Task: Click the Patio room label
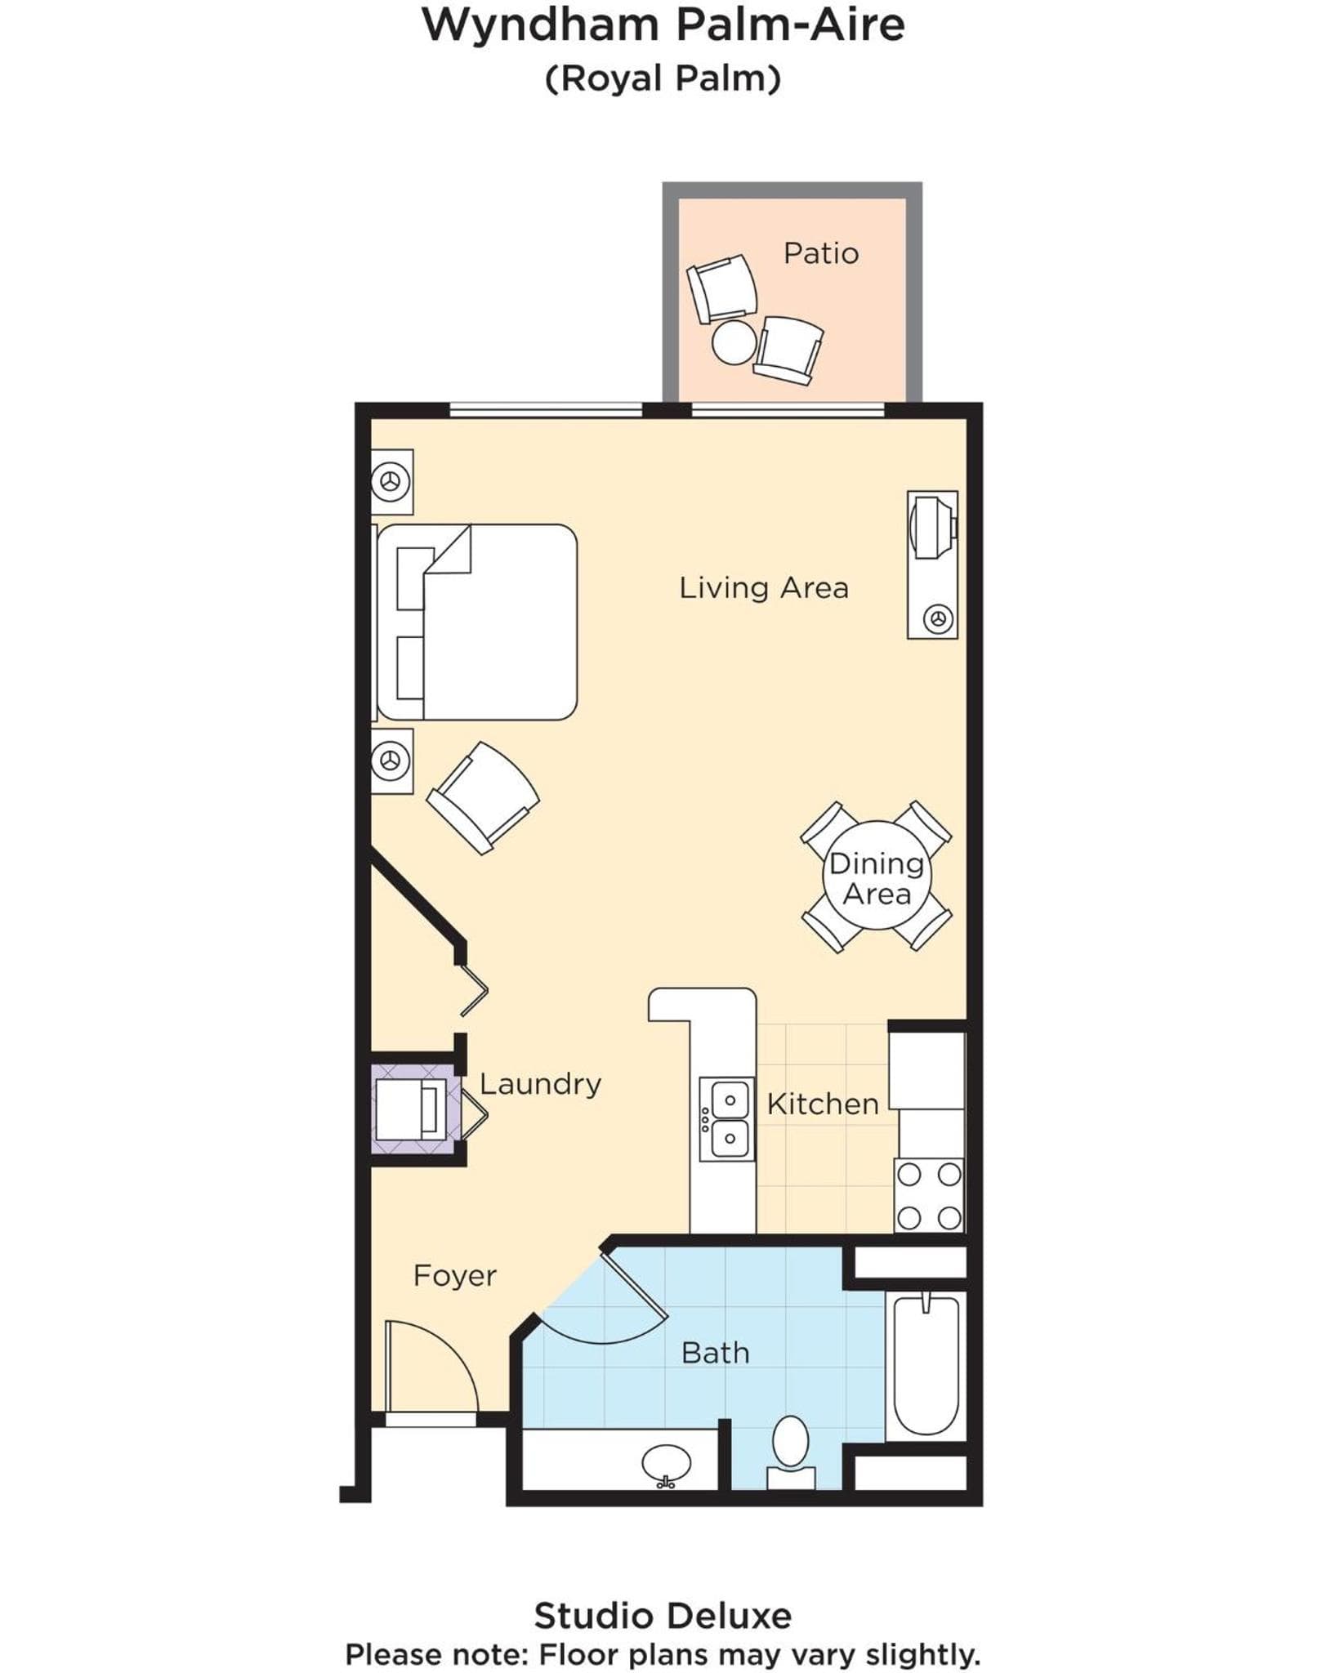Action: (x=820, y=253)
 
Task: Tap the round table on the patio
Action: (x=734, y=342)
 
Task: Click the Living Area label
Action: (x=764, y=587)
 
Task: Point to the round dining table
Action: (x=877, y=875)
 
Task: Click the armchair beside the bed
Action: (x=483, y=798)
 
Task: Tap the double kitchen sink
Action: (x=727, y=1118)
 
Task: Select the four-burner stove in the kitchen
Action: (x=929, y=1196)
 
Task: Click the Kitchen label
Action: (x=823, y=1104)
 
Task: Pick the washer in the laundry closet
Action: (x=411, y=1109)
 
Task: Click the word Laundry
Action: (x=540, y=1084)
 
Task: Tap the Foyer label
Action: (x=455, y=1275)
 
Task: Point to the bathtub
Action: (x=926, y=1365)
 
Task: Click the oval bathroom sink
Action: (x=666, y=1464)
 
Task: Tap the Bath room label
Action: (x=715, y=1353)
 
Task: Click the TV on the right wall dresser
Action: (x=932, y=527)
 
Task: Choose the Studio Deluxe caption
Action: (x=663, y=1615)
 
